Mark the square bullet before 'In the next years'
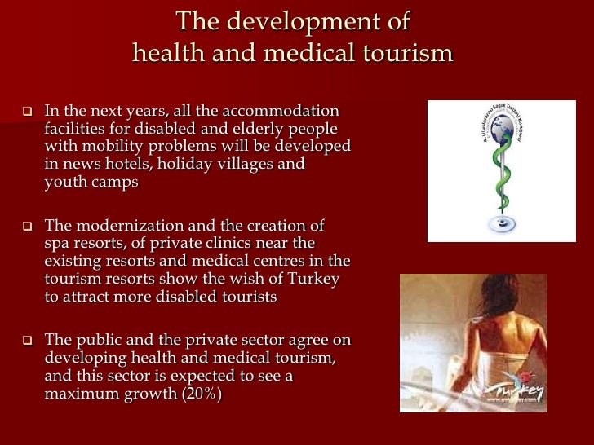(x=26, y=111)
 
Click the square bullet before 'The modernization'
(x=26, y=226)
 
